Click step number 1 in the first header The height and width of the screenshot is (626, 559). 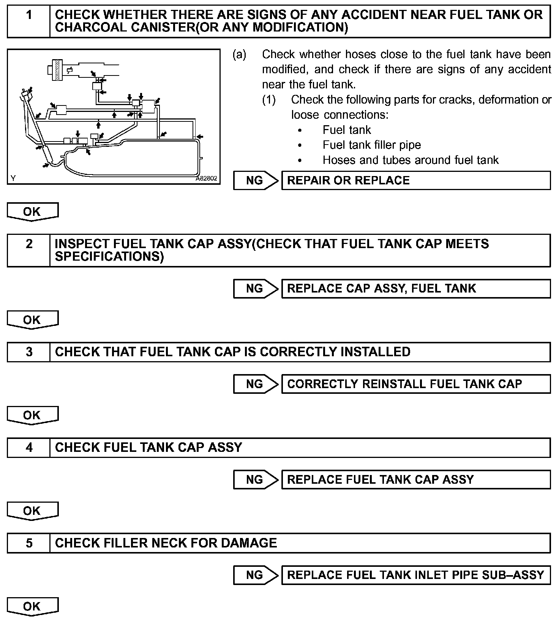point(29,16)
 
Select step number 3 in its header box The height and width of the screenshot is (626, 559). point(29,352)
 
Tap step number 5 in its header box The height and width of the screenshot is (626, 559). point(29,543)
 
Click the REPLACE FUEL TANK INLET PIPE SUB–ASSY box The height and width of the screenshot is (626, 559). point(415,575)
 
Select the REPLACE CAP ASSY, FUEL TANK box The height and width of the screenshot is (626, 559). point(415,288)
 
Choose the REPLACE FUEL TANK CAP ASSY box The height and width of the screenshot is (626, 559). point(415,480)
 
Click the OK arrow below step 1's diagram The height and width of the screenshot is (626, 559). point(32,212)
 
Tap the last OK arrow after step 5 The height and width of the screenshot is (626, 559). point(32,606)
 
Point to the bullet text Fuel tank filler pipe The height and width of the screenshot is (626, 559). point(371,145)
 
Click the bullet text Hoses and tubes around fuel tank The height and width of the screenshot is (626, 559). point(410,160)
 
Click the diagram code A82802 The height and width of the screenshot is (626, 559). point(207,178)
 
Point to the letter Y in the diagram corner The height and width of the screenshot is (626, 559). point(13,178)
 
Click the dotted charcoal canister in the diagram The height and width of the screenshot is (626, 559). point(58,70)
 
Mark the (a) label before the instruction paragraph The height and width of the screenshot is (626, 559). point(239,55)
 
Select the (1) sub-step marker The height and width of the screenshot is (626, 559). point(269,100)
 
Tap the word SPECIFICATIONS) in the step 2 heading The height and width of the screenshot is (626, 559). point(109,256)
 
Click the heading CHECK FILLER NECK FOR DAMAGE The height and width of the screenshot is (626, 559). point(166,543)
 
